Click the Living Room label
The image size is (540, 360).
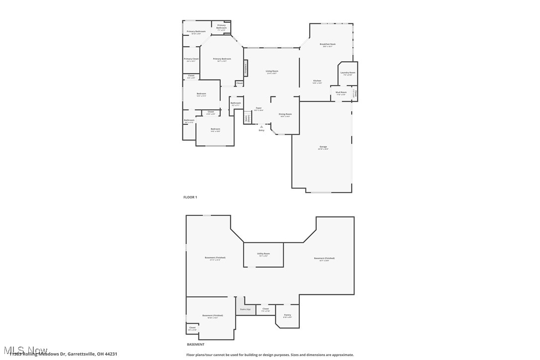271,71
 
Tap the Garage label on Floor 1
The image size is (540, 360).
323,147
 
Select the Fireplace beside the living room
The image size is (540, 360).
245,68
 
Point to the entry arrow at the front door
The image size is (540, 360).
262,127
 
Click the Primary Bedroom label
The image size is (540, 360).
222,59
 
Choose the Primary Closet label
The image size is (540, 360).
191,59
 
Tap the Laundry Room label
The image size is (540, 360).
348,73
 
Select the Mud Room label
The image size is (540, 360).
341,92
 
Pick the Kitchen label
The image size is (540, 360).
317,81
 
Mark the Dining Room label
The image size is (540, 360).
285,114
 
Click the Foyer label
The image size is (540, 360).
259,108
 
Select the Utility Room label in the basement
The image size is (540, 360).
263,254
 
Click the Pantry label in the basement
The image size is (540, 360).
287,315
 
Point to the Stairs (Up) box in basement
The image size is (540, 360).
245,309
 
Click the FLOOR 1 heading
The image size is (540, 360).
190,197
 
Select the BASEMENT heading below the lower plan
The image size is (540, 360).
195,344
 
